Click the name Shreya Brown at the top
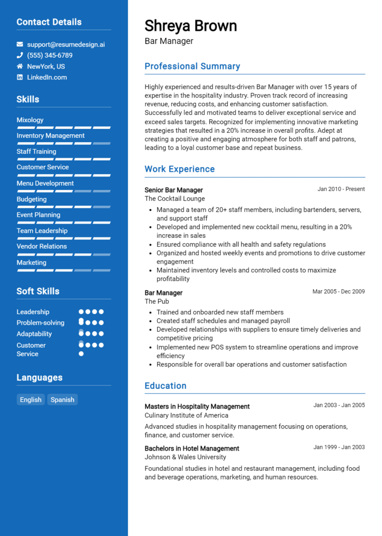click(x=191, y=26)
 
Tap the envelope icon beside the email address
click(x=20, y=44)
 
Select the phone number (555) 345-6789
click(x=50, y=55)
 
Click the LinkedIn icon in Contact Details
click(x=20, y=77)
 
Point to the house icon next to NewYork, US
click(x=20, y=66)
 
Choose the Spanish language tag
click(x=62, y=400)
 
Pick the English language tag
click(x=31, y=400)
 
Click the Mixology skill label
click(x=30, y=120)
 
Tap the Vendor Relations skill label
click(x=42, y=246)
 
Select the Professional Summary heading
click(x=192, y=66)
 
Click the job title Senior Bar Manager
click(x=174, y=190)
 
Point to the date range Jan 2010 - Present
click(x=341, y=189)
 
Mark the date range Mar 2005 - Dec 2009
click(x=338, y=291)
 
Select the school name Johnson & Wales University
click(x=185, y=457)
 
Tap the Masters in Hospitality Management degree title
click(x=197, y=406)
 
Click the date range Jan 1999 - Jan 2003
click(x=339, y=447)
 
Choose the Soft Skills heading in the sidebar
click(x=38, y=291)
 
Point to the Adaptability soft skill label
click(x=34, y=334)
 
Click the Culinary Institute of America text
click(x=187, y=415)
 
